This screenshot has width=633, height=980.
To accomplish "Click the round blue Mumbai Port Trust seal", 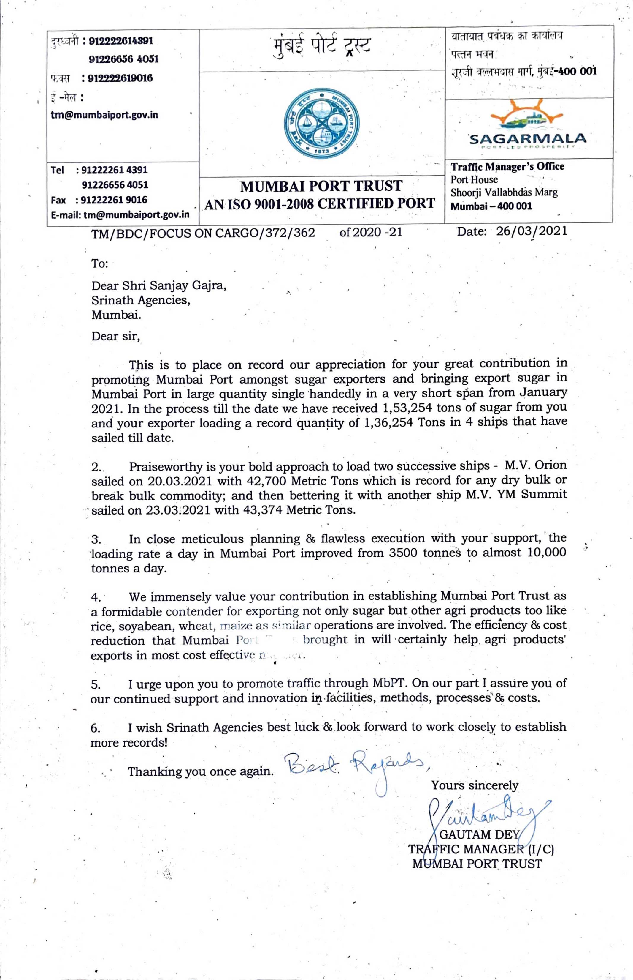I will click(322, 122).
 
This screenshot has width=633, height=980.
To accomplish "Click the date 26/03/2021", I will click(532, 231).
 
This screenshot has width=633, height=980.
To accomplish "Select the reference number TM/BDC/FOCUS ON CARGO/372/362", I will click(203, 233).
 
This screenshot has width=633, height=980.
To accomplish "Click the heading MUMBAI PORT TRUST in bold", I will click(321, 186).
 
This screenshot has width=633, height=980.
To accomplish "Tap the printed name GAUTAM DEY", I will click(479, 834).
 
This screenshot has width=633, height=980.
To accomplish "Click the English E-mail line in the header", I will click(120, 214).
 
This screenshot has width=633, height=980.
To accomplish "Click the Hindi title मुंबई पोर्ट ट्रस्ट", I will click(322, 46).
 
